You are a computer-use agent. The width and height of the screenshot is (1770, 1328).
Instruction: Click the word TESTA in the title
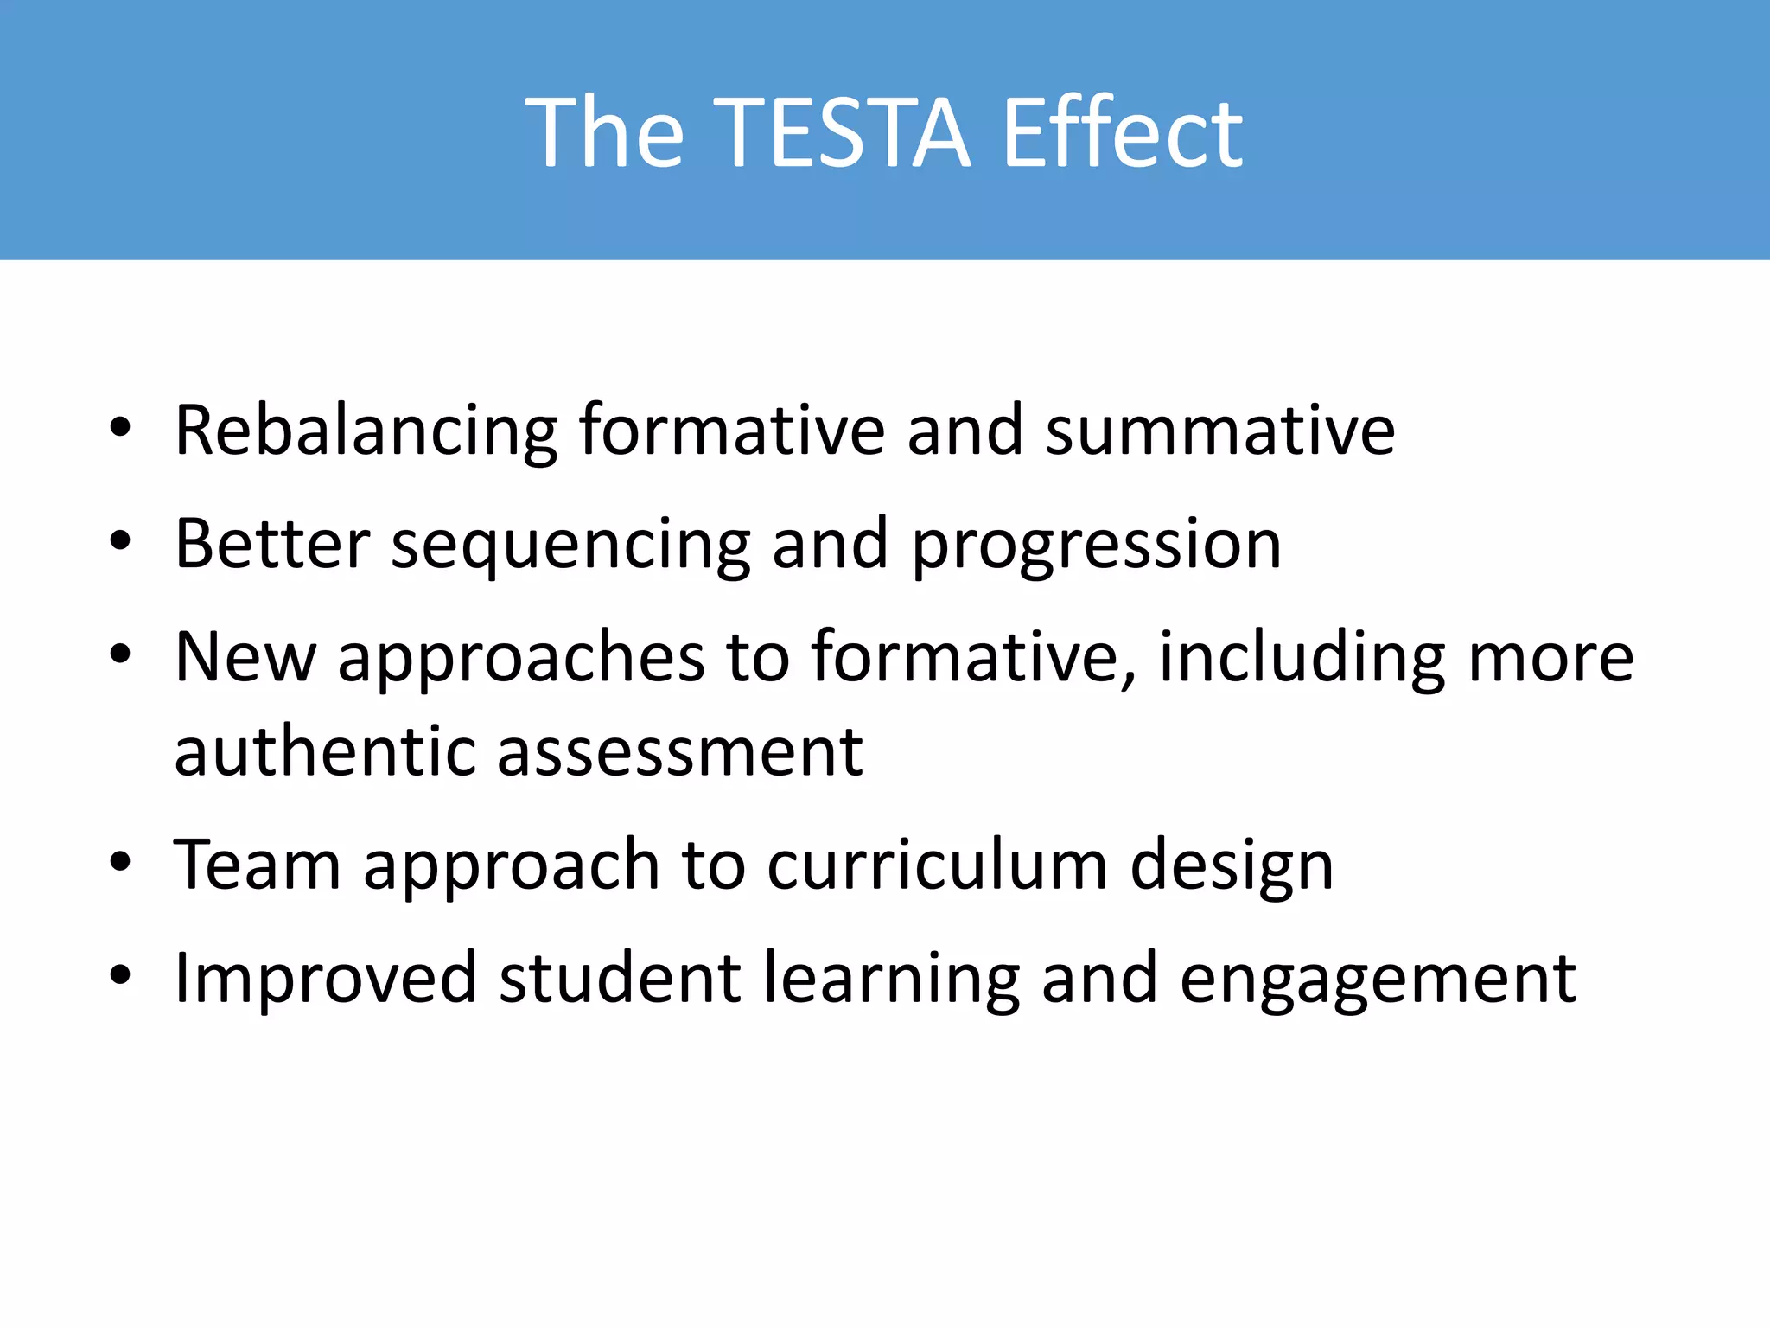[x=843, y=134]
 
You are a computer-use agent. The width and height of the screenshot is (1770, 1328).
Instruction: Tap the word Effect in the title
[x=1122, y=134]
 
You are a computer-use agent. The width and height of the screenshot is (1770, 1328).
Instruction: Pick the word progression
[x=1096, y=545]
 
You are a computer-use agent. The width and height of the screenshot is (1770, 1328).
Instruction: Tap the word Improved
[x=325, y=979]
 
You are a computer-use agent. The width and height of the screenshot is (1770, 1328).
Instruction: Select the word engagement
[x=1378, y=979]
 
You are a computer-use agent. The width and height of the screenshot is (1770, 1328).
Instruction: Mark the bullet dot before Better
[x=120, y=541]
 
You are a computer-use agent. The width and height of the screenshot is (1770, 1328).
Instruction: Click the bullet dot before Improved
[x=120, y=975]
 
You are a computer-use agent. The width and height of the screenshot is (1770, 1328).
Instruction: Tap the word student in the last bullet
[x=620, y=979]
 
